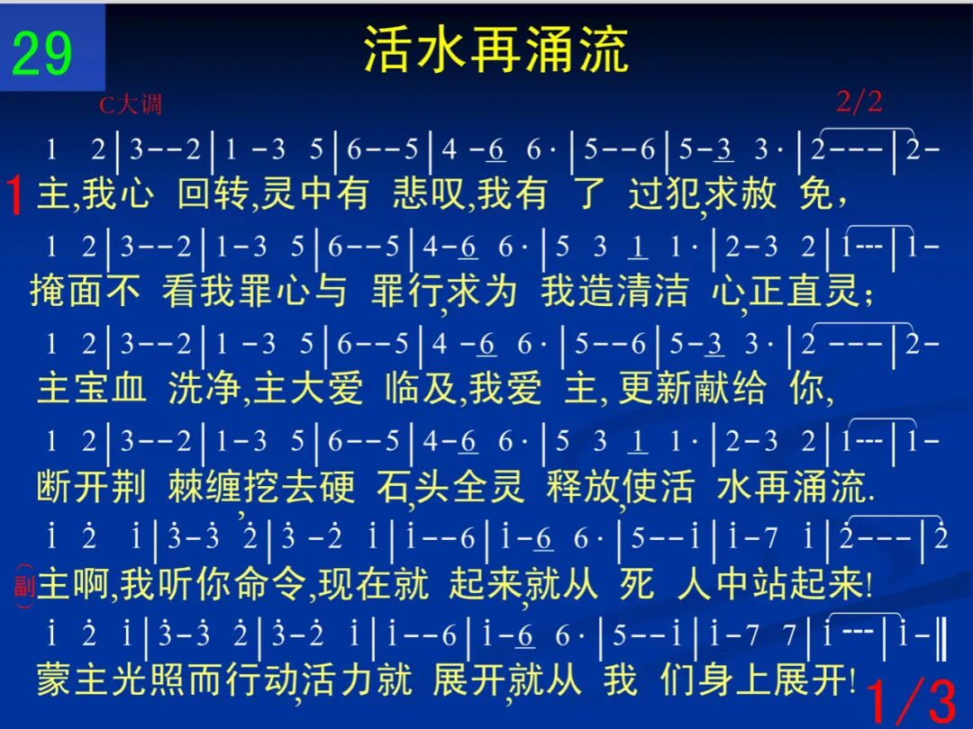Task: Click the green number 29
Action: click(x=42, y=53)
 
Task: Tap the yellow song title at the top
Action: click(x=496, y=49)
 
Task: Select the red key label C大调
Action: click(x=131, y=104)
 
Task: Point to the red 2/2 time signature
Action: click(x=859, y=101)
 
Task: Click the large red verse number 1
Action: click(x=15, y=194)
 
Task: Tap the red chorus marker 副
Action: click(x=23, y=585)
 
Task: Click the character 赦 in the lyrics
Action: click(x=758, y=193)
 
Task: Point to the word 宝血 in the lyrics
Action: click(x=110, y=388)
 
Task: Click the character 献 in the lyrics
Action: click(x=711, y=388)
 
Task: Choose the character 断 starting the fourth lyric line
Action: click(x=55, y=486)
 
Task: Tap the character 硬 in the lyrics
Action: click(x=338, y=486)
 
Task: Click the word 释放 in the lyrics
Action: click(x=582, y=486)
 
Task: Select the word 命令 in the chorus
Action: click(x=272, y=583)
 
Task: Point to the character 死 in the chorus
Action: click(x=637, y=583)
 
